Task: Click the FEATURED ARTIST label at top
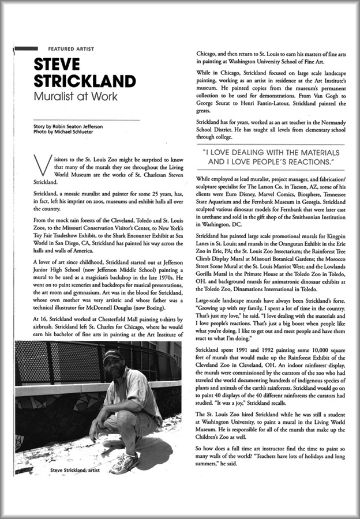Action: tap(71, 49)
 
